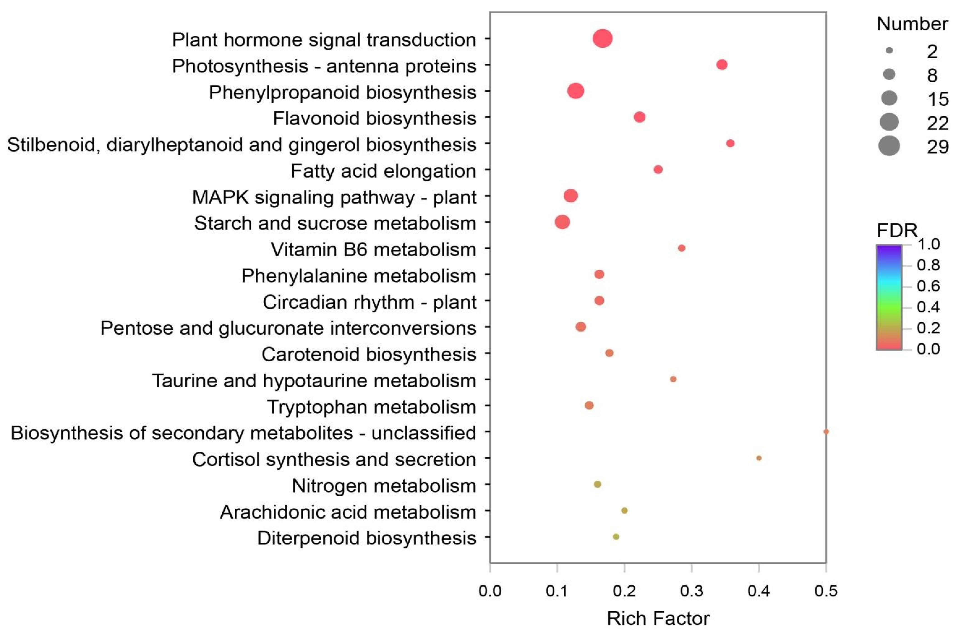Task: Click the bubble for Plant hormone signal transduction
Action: [602, 39]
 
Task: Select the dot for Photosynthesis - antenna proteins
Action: [722, 65]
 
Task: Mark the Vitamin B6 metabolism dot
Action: [681, 248]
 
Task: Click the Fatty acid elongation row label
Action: [383, 171]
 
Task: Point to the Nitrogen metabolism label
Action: [384, 486]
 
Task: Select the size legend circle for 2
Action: [889, 51]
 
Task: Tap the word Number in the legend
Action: [912, 24]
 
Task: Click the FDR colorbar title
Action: [897, 230]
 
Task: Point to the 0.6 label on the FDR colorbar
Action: [928, 286]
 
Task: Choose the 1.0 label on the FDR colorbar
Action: [928, 244]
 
